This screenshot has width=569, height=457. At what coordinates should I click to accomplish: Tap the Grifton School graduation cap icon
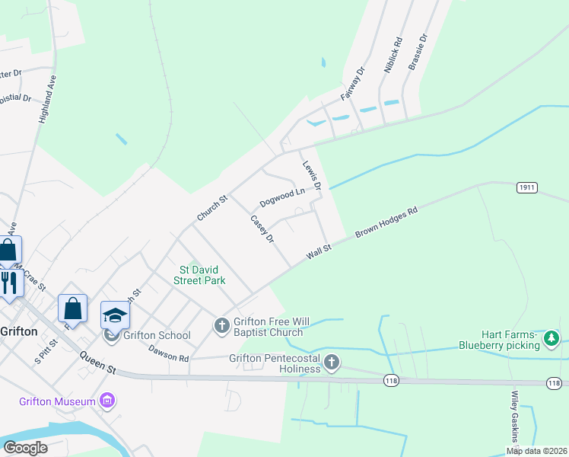[x=115, y=315]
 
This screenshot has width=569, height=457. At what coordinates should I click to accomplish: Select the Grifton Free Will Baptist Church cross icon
[x=221, y=326]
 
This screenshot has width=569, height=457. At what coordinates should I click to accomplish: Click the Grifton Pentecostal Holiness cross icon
[x=331, y=363]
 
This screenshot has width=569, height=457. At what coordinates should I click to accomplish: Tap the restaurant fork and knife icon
[x=8, y=283]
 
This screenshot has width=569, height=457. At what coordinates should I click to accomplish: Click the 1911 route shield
[x=527, y=187]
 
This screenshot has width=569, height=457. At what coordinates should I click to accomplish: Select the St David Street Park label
[x=202, y=275]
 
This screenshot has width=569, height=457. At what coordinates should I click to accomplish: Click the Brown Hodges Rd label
[x=386, y=223]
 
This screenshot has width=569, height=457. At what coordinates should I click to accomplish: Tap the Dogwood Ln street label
[x=281, y=198]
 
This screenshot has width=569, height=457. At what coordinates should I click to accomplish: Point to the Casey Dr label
[x=262, y=229]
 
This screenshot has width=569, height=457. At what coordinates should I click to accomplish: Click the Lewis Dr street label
[x=313, y=175]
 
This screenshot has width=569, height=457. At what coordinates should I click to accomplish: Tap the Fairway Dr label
[x=354, y=84]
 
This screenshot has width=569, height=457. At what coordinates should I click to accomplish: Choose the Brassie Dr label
[x=418, y=52]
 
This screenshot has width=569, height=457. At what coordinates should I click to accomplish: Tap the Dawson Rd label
[x=168, y=353]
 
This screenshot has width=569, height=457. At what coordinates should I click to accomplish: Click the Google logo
[x=25, y=448]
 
